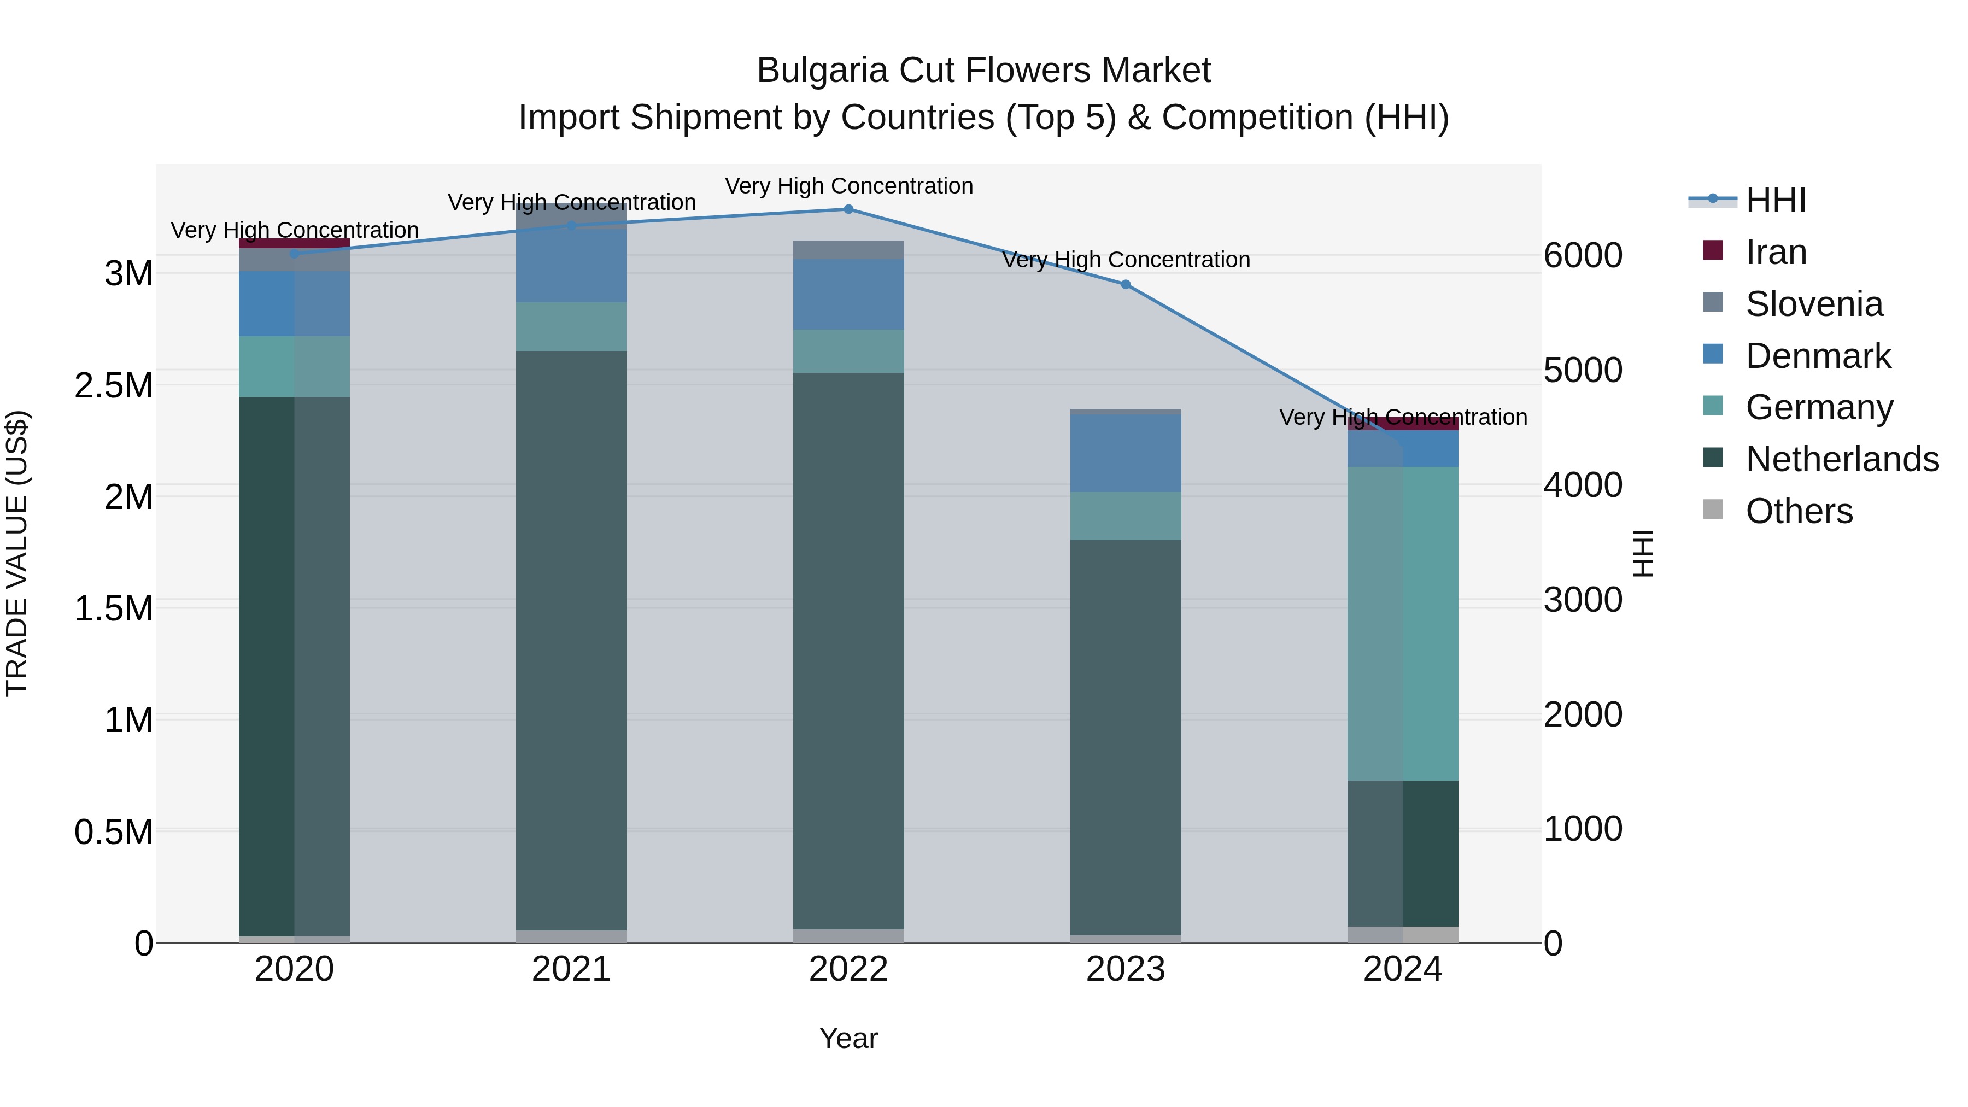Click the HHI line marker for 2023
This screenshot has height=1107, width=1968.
point(1126,284)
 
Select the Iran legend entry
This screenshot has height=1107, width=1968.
point(1776,252)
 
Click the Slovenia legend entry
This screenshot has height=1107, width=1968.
point(1814,304)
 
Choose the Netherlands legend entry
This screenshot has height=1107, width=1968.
point(1841,459)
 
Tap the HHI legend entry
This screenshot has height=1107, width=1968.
point(1776,200)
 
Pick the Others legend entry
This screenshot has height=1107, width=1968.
point(1799,511)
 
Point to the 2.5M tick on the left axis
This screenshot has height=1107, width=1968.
point(114,385)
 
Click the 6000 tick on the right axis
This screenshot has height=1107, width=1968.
point(1583,255)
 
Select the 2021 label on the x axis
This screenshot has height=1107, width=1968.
point(571,969)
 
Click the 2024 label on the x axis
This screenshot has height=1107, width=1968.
point(1403,969)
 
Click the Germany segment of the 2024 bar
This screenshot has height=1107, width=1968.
point(1403,623)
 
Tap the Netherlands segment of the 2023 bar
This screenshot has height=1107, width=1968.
point(1126,737)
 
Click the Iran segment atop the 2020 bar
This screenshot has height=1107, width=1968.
point(294,243)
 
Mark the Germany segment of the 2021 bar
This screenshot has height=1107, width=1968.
point(571,326)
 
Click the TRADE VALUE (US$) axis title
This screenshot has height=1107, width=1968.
point(17,553)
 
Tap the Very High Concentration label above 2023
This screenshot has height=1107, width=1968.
point(1126,260)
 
